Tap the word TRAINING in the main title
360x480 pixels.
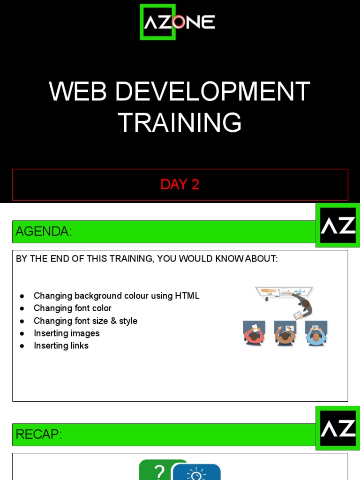[180, 122]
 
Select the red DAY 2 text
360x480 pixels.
[180, 184]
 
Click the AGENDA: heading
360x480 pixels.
[44, 232]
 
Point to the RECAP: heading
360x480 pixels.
[39, 435]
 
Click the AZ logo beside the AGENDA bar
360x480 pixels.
[338, 225]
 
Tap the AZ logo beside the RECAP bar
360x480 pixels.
[338, 428]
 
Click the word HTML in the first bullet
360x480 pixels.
[187, 296]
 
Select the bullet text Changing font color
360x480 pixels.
[73, 308]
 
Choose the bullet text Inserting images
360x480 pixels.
[67, 333]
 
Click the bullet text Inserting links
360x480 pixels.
[61, 345]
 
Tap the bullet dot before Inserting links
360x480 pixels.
[22, 346]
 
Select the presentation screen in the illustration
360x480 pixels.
[284, 291]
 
